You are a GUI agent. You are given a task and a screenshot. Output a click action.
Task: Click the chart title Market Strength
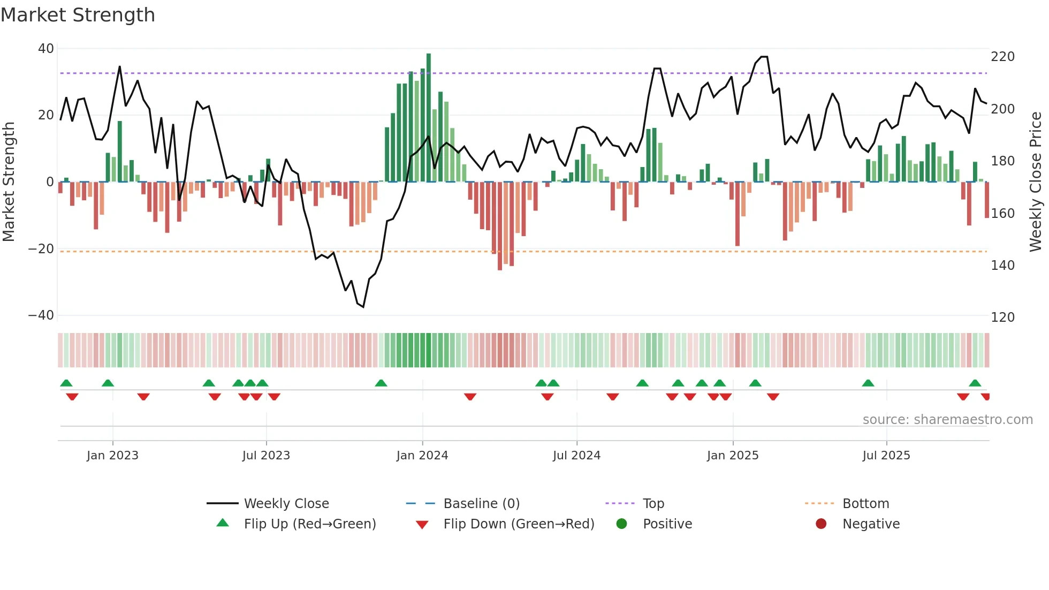pyautogui.click(x=78, y=15)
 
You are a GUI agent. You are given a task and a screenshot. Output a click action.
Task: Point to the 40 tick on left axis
pyautogui.click(x=46, y=49)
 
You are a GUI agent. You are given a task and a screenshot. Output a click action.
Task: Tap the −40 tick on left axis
pyautogui.click(x=41, y=315)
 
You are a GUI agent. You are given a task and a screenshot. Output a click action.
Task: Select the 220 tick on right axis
pyautogui.click(x=1002, y=57)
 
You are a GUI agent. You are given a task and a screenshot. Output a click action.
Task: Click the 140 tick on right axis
pyautogui.click(x=1002, y=266)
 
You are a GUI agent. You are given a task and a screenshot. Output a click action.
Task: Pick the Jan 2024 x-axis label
pyautogui.click(x=422, y=456)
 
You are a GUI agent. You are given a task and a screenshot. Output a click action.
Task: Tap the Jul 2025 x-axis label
pyautogui.click(x=886, y=456)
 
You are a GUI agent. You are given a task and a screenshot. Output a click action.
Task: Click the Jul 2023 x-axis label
pyautogui.click(x=266, y=456)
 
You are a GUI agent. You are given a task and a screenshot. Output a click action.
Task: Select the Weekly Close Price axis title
pyautogui.click(x=1036, y=182)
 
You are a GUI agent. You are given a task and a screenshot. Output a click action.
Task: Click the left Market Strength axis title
pyautogui.click(x=9, y=182)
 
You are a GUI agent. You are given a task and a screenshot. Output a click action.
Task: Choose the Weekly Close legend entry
pyautogui.click(x=286, y=504)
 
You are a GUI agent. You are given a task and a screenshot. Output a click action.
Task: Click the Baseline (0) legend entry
pyautogui.click(x=481, y=504)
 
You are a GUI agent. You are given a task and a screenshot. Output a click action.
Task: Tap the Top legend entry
pyautogui.click(x=653, y=504)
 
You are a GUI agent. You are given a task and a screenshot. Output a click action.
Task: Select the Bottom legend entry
pyautogui.click(x=865, y=504)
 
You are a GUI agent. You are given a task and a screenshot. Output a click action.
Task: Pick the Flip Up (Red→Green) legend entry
pyautogui.click(x=309, y=524)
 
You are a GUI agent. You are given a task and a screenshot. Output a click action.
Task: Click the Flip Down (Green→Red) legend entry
pyautogui.click(x=519, y=524)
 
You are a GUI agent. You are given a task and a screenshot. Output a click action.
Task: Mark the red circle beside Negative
pyautogui.click(x=821, y=524)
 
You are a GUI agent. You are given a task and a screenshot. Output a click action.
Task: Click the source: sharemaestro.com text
pyautogui.click(x=947, y=420)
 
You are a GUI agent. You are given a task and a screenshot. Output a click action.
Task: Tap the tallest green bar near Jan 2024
pyautogui.click(x=429, y=118)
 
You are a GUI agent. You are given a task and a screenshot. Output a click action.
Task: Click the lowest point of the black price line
pyautogui.click(x=363, y=307)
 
